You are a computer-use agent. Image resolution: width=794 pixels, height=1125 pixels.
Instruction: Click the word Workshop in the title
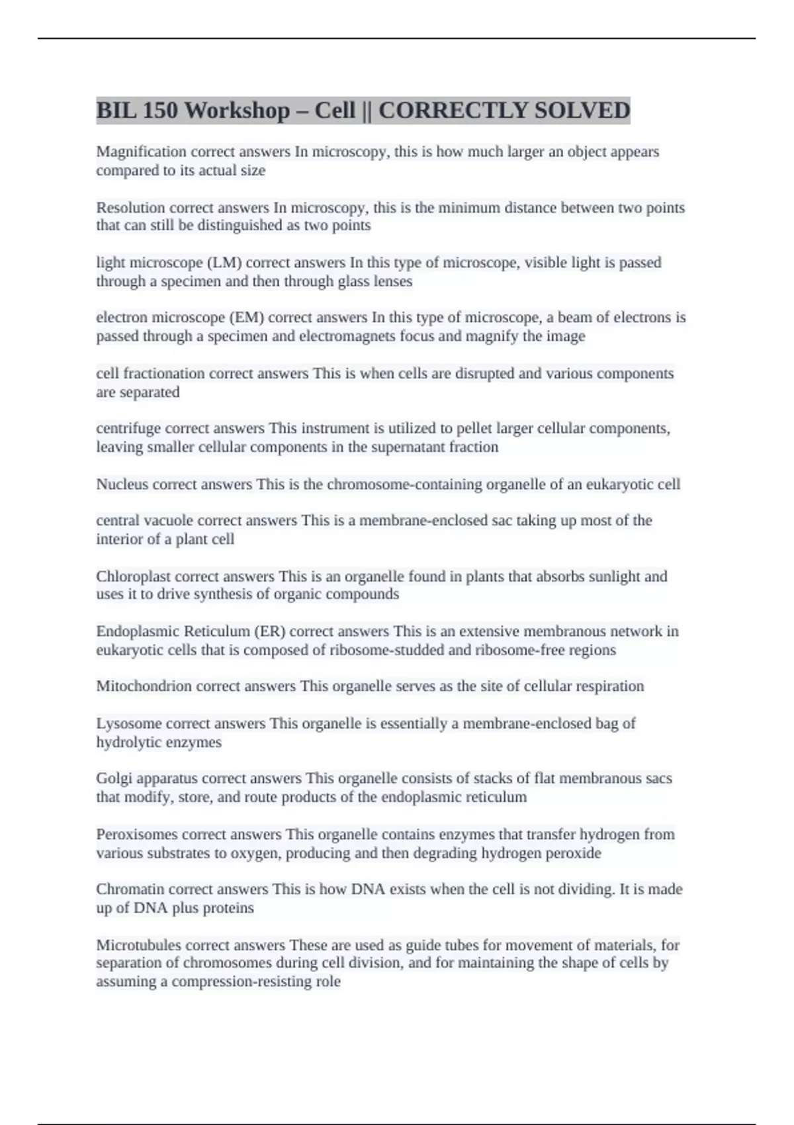click(x=237, y=111)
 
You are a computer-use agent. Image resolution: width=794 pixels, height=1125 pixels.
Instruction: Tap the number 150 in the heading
click(x=159, y=111)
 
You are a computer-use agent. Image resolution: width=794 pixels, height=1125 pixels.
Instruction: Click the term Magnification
click(x=141, y=152)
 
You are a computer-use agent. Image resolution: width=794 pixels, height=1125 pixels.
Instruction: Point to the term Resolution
click(x=130, y=208)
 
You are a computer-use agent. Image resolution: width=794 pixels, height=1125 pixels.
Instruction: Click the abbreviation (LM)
click(x=225, y=263)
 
